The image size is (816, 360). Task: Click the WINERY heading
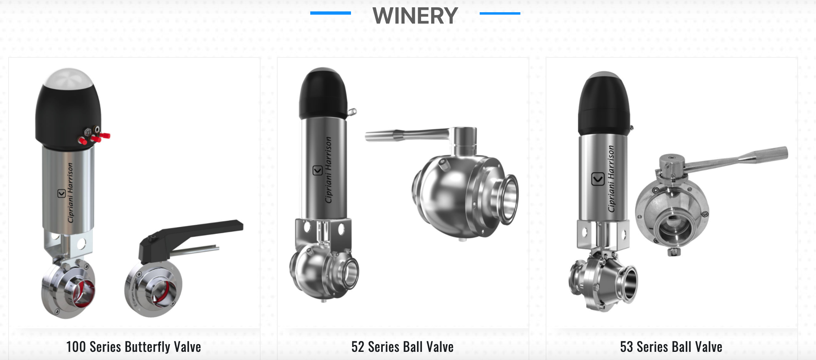(x=415, y=16)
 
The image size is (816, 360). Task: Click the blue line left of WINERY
(x=331, y=13)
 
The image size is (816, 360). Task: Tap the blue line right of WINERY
(x=500, y=13)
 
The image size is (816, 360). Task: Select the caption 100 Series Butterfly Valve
(x=134, y=347)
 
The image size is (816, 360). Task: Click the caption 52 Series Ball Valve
(x=402, y=347)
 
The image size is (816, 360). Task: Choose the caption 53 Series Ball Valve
(x=671, y=347)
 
